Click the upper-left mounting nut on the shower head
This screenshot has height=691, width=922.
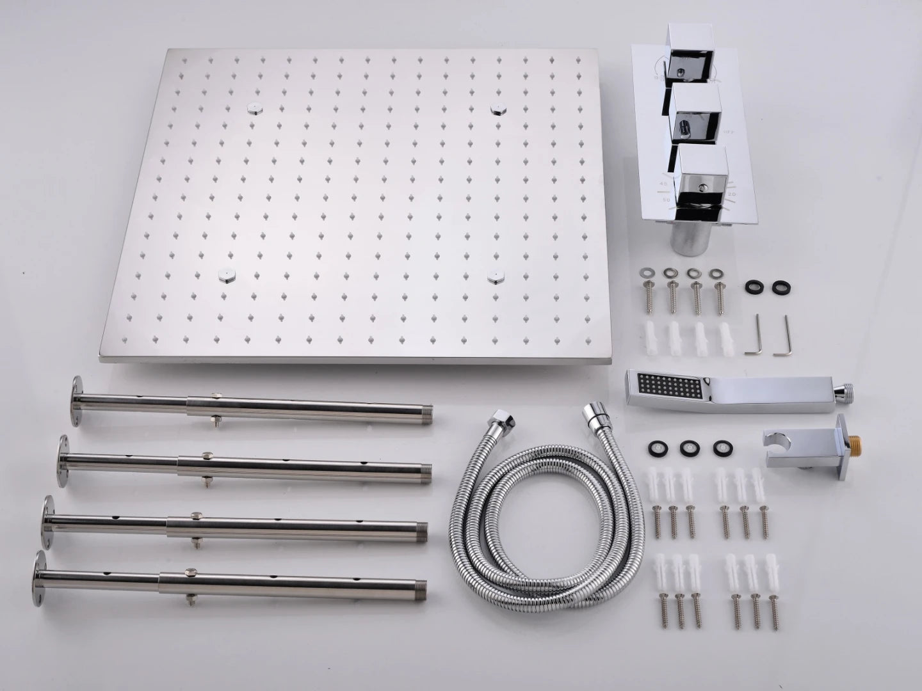[254, 107]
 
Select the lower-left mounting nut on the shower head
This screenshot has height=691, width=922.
[225, 276]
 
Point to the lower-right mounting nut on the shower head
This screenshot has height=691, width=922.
[495, 276]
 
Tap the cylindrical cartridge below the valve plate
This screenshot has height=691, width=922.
[686, 233]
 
